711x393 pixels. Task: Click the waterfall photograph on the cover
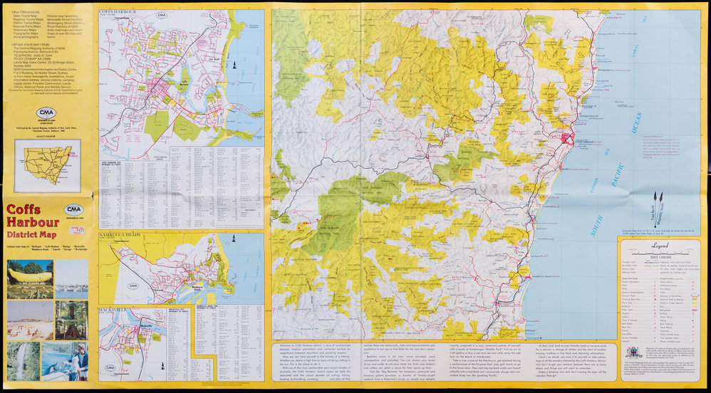click(23, 360)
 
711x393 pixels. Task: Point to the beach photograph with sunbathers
click(30, 320)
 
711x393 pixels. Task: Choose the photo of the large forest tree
click(72, 320)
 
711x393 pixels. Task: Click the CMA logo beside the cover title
click(73, 210)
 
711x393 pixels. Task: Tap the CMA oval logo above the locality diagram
click(48, 112)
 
